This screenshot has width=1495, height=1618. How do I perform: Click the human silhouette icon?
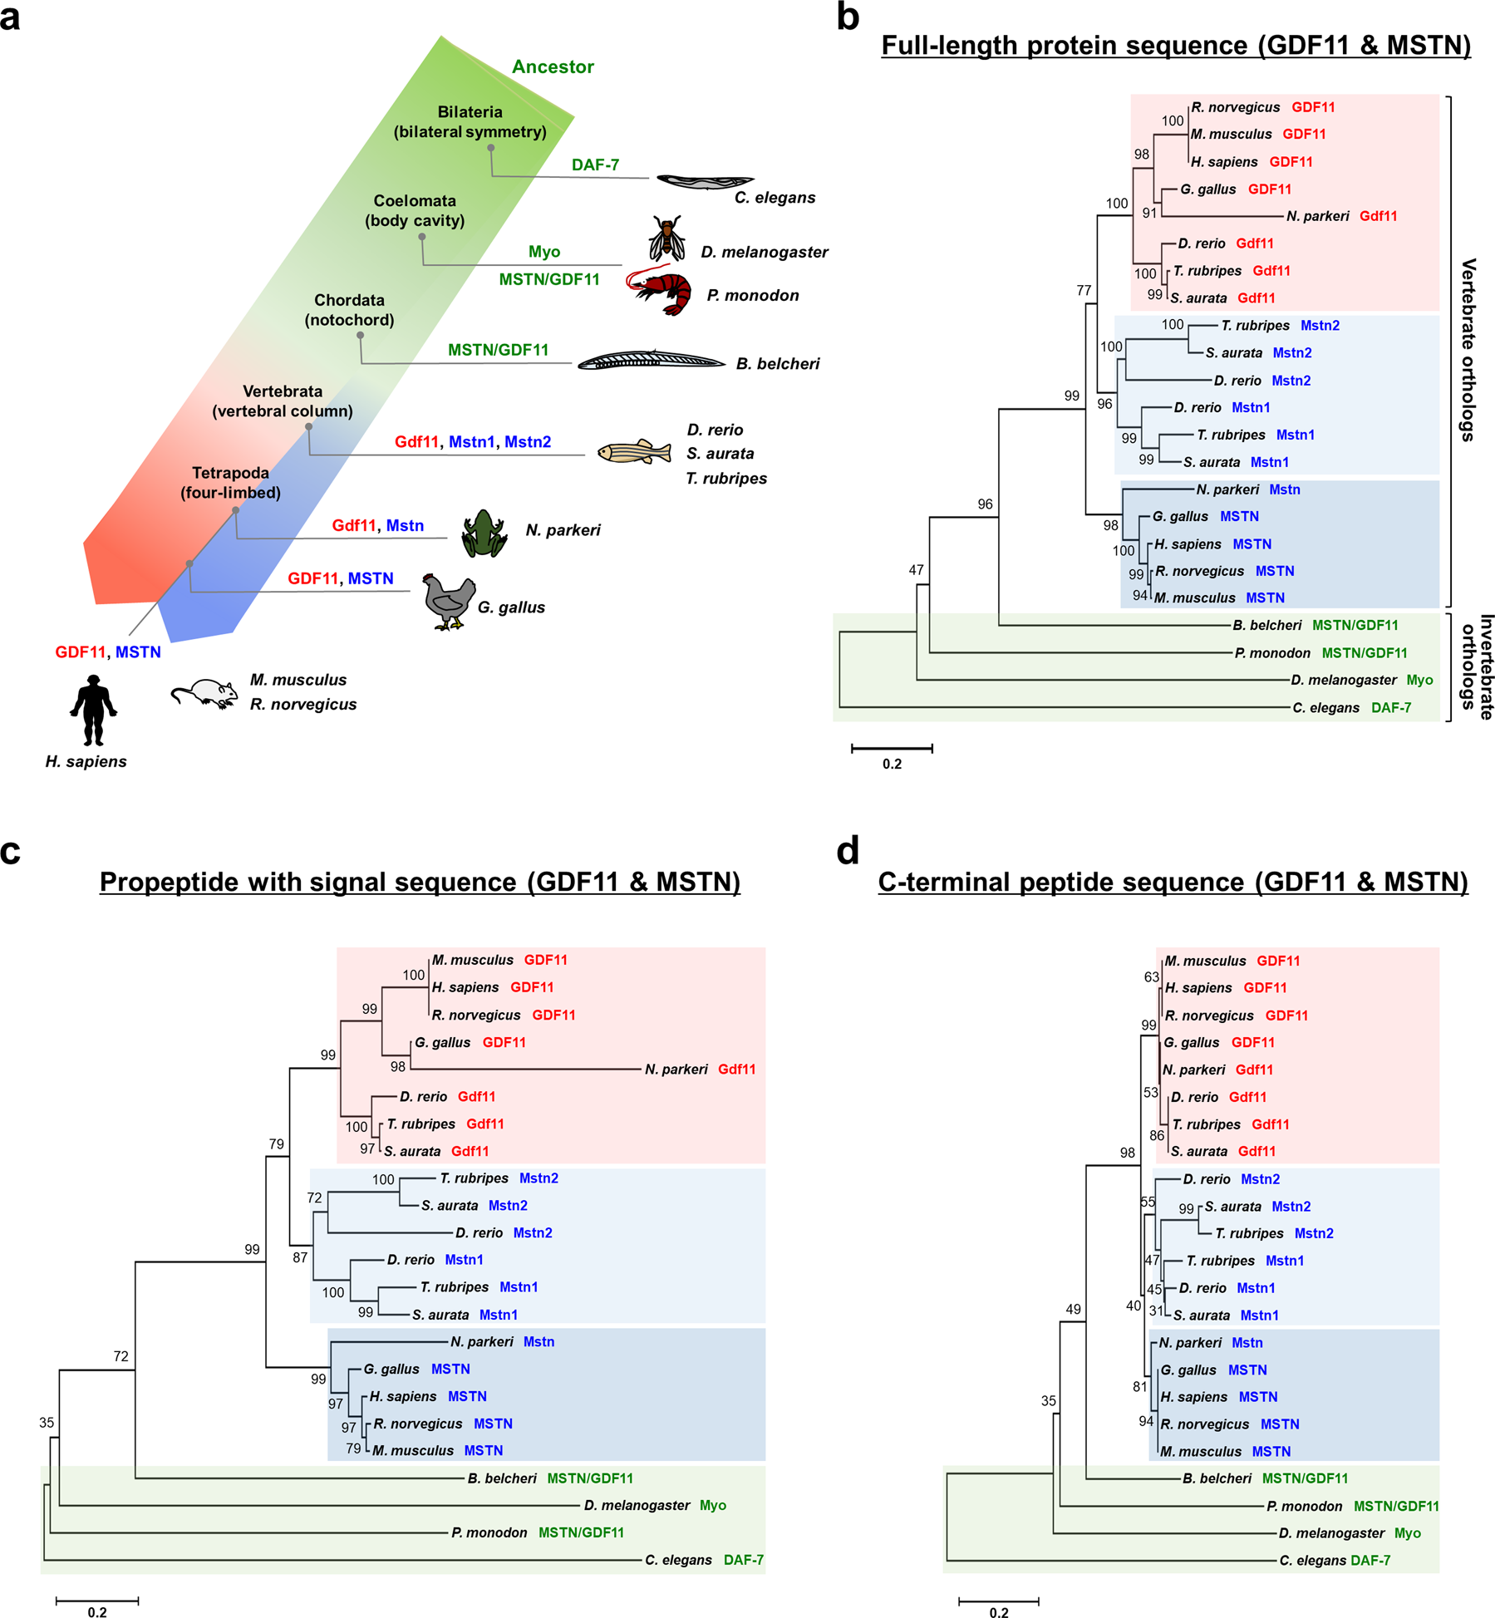[x=92, y=710]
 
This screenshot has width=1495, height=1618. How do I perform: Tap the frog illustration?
[x=484, y=533]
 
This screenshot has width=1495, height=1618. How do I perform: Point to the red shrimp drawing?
[x=661, y=292]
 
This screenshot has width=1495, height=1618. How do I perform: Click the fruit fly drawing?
[x=667, y=239]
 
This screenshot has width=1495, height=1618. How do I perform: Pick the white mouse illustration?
[x=204, y=693]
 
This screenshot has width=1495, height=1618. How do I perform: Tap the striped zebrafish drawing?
[x=634, y=451]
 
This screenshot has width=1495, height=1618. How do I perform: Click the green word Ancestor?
[x=553, y=67]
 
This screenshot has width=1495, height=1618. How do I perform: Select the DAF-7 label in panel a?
[x=595, y=165]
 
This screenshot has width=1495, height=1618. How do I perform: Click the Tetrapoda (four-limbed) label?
[x=230, y=483]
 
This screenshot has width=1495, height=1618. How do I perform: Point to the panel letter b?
[x=848, y=17]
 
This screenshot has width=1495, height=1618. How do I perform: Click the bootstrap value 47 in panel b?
[x=916, y=570]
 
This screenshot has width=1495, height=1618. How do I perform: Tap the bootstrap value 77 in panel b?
[x=1084, y=290]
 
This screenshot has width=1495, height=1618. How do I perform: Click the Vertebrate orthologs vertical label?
[x=1468, y=349]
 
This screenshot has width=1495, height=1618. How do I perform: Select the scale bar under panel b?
[x=892, y=749]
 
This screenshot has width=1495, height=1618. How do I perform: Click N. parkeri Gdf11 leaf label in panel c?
[x=700, y=1070]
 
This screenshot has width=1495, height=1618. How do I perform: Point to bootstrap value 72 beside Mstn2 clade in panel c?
[x=314, y=1198]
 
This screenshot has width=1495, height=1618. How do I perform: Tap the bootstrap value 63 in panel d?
[x=1151, y=976]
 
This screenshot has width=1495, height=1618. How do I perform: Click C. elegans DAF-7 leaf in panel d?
[x=1335, y=1561]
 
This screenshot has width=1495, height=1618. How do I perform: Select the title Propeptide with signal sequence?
[x=420, y=883]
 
